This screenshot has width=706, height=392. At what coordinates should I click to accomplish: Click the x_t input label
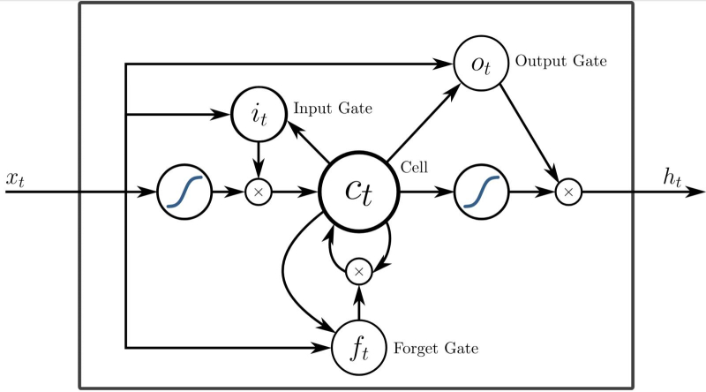(x=15, y=178)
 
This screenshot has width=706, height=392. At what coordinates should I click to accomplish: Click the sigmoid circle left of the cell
(x=184, y=191)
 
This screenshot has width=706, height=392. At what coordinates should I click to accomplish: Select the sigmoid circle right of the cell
(x=481, y=191)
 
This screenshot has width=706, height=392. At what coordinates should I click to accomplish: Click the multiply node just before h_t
(x=569, y=191)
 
